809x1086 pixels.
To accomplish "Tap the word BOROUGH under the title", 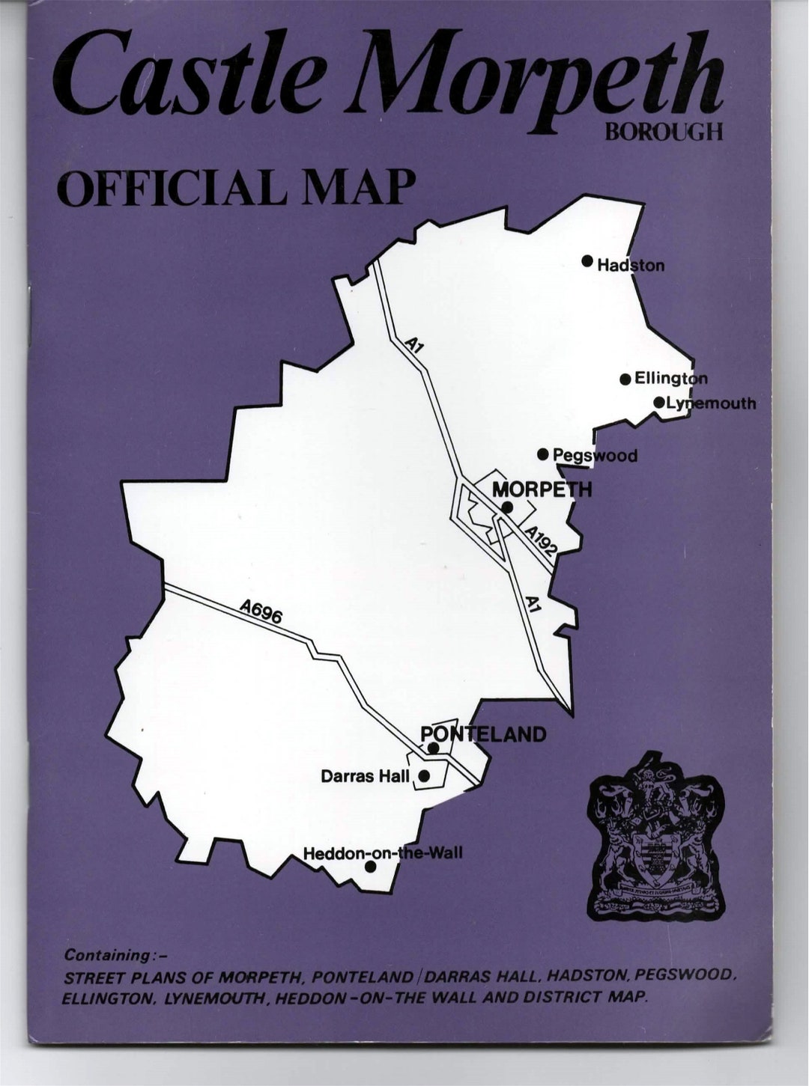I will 664,132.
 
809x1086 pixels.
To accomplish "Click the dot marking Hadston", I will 587,261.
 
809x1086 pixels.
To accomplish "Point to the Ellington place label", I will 670,379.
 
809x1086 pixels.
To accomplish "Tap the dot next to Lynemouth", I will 659,403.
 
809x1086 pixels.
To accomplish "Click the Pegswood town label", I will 595,455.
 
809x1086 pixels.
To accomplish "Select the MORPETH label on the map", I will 542,489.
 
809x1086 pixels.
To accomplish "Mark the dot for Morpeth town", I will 507,507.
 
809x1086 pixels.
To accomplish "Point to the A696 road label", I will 261,614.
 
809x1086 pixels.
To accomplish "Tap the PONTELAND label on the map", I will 484,734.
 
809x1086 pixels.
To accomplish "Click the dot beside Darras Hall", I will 424,776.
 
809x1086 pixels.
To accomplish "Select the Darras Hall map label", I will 365,776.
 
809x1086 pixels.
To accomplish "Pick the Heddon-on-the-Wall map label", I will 383,853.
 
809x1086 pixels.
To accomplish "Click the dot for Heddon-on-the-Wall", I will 369,867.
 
